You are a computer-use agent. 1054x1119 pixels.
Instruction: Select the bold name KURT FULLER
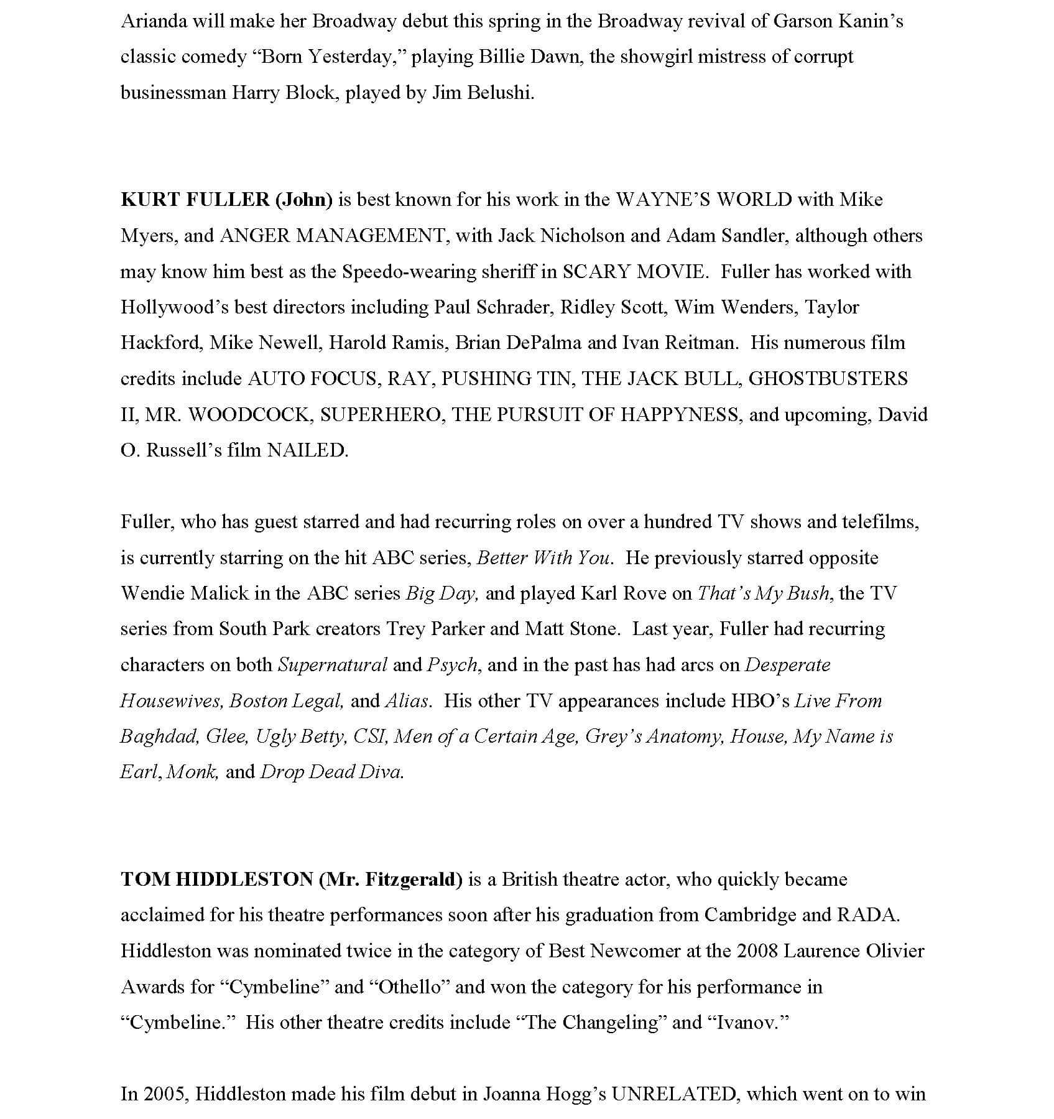pyautogui.click(x=195, y=200)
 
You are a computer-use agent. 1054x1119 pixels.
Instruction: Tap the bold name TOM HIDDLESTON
pyautogui.click(x=217, y=880)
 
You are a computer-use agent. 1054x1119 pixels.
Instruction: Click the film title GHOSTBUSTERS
pyautogui.click(x=828, y=379)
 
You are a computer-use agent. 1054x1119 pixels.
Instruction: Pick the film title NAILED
pyautogui.click(x=307, y=450)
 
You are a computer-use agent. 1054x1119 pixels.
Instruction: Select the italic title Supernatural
pyautogui.click(x=332, y=665)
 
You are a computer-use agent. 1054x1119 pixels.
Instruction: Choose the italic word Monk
pyautogui.click(x=192, y=773)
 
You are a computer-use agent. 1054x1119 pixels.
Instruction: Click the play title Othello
pyautogui.click(x=409, y=987)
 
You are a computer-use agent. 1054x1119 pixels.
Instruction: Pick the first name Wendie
pyautogui.click(x=152, y=593)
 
